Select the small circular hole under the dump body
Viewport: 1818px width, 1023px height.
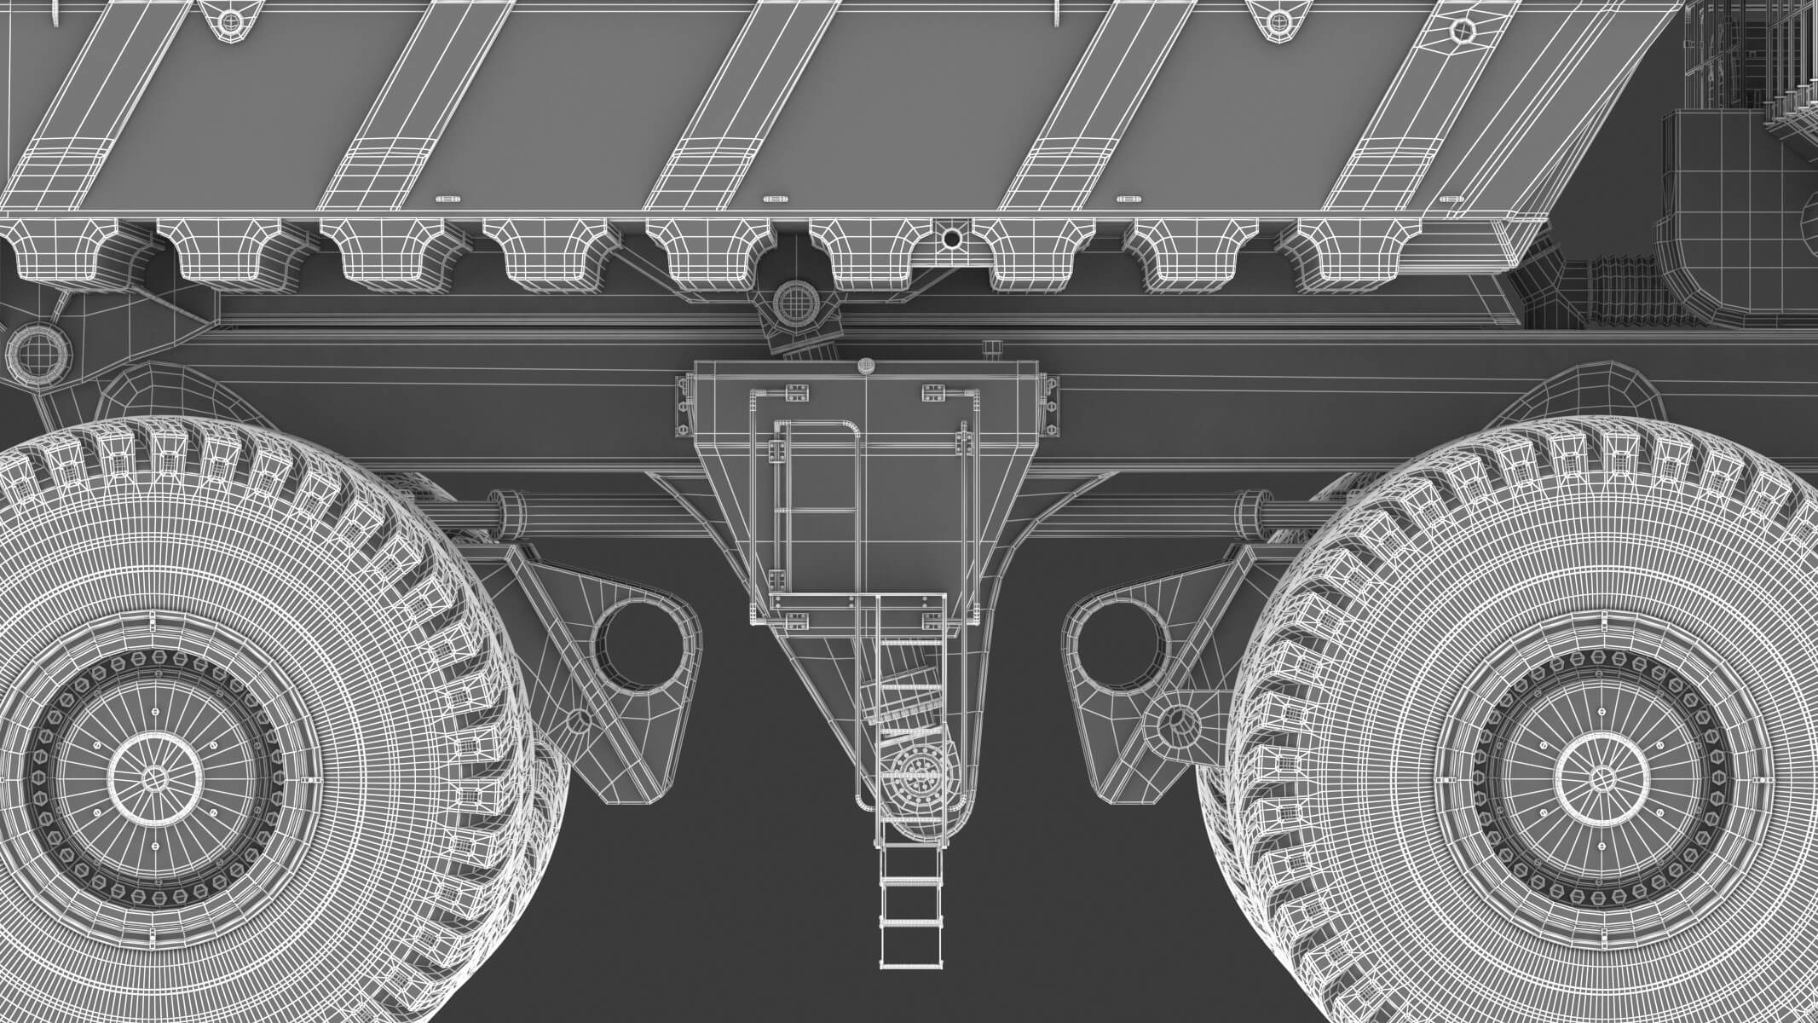point(951,240)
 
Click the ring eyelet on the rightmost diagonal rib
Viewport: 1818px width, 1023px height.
point(1463,32)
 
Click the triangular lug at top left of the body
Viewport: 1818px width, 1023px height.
point(228,19)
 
